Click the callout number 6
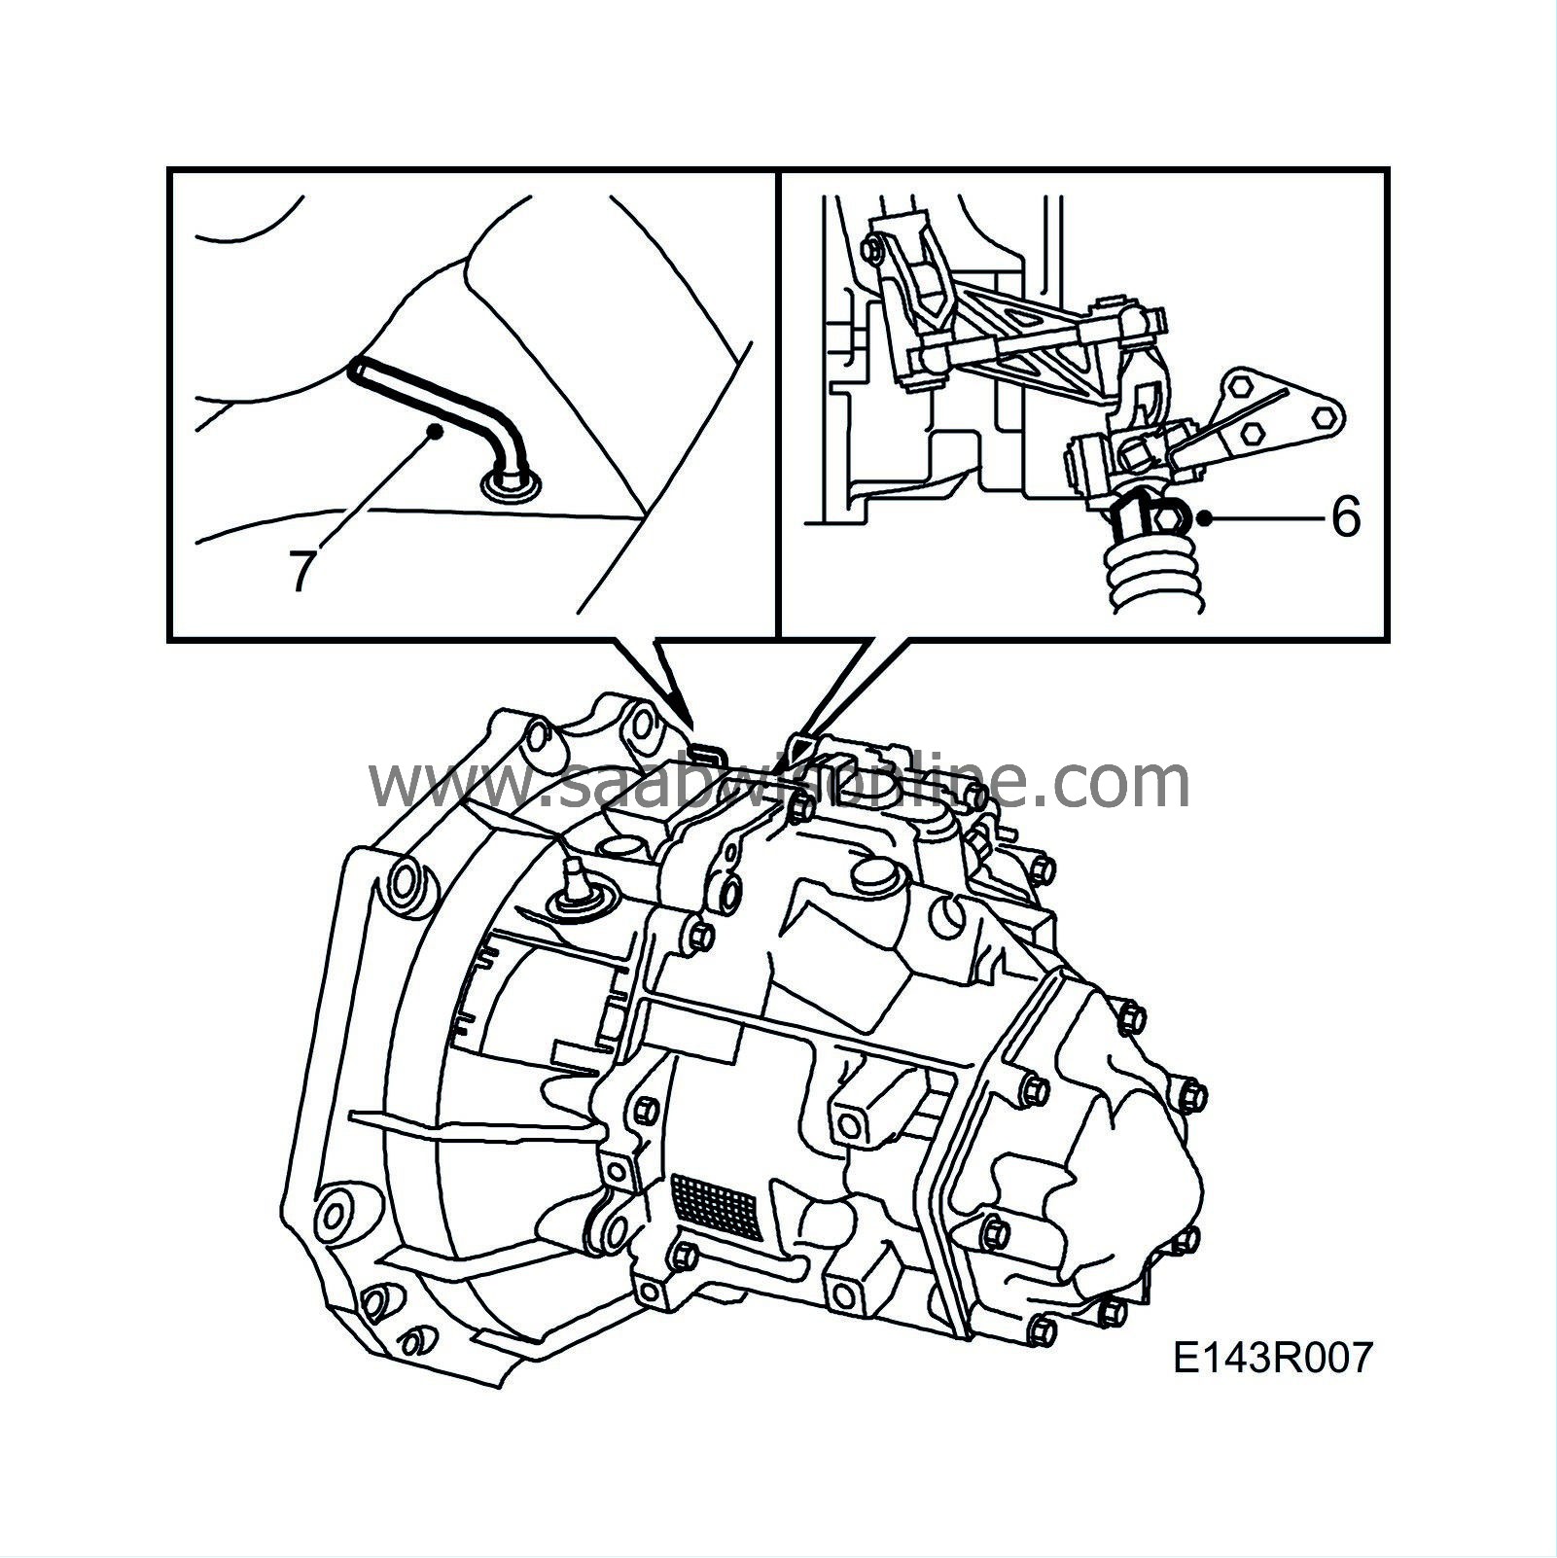tap(1345, 516)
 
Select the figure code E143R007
tap(1272, 1358)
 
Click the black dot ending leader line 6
tap(1205, 517)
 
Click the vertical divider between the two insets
tap(778, 404)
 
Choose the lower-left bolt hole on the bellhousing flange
tap(336, 1217)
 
